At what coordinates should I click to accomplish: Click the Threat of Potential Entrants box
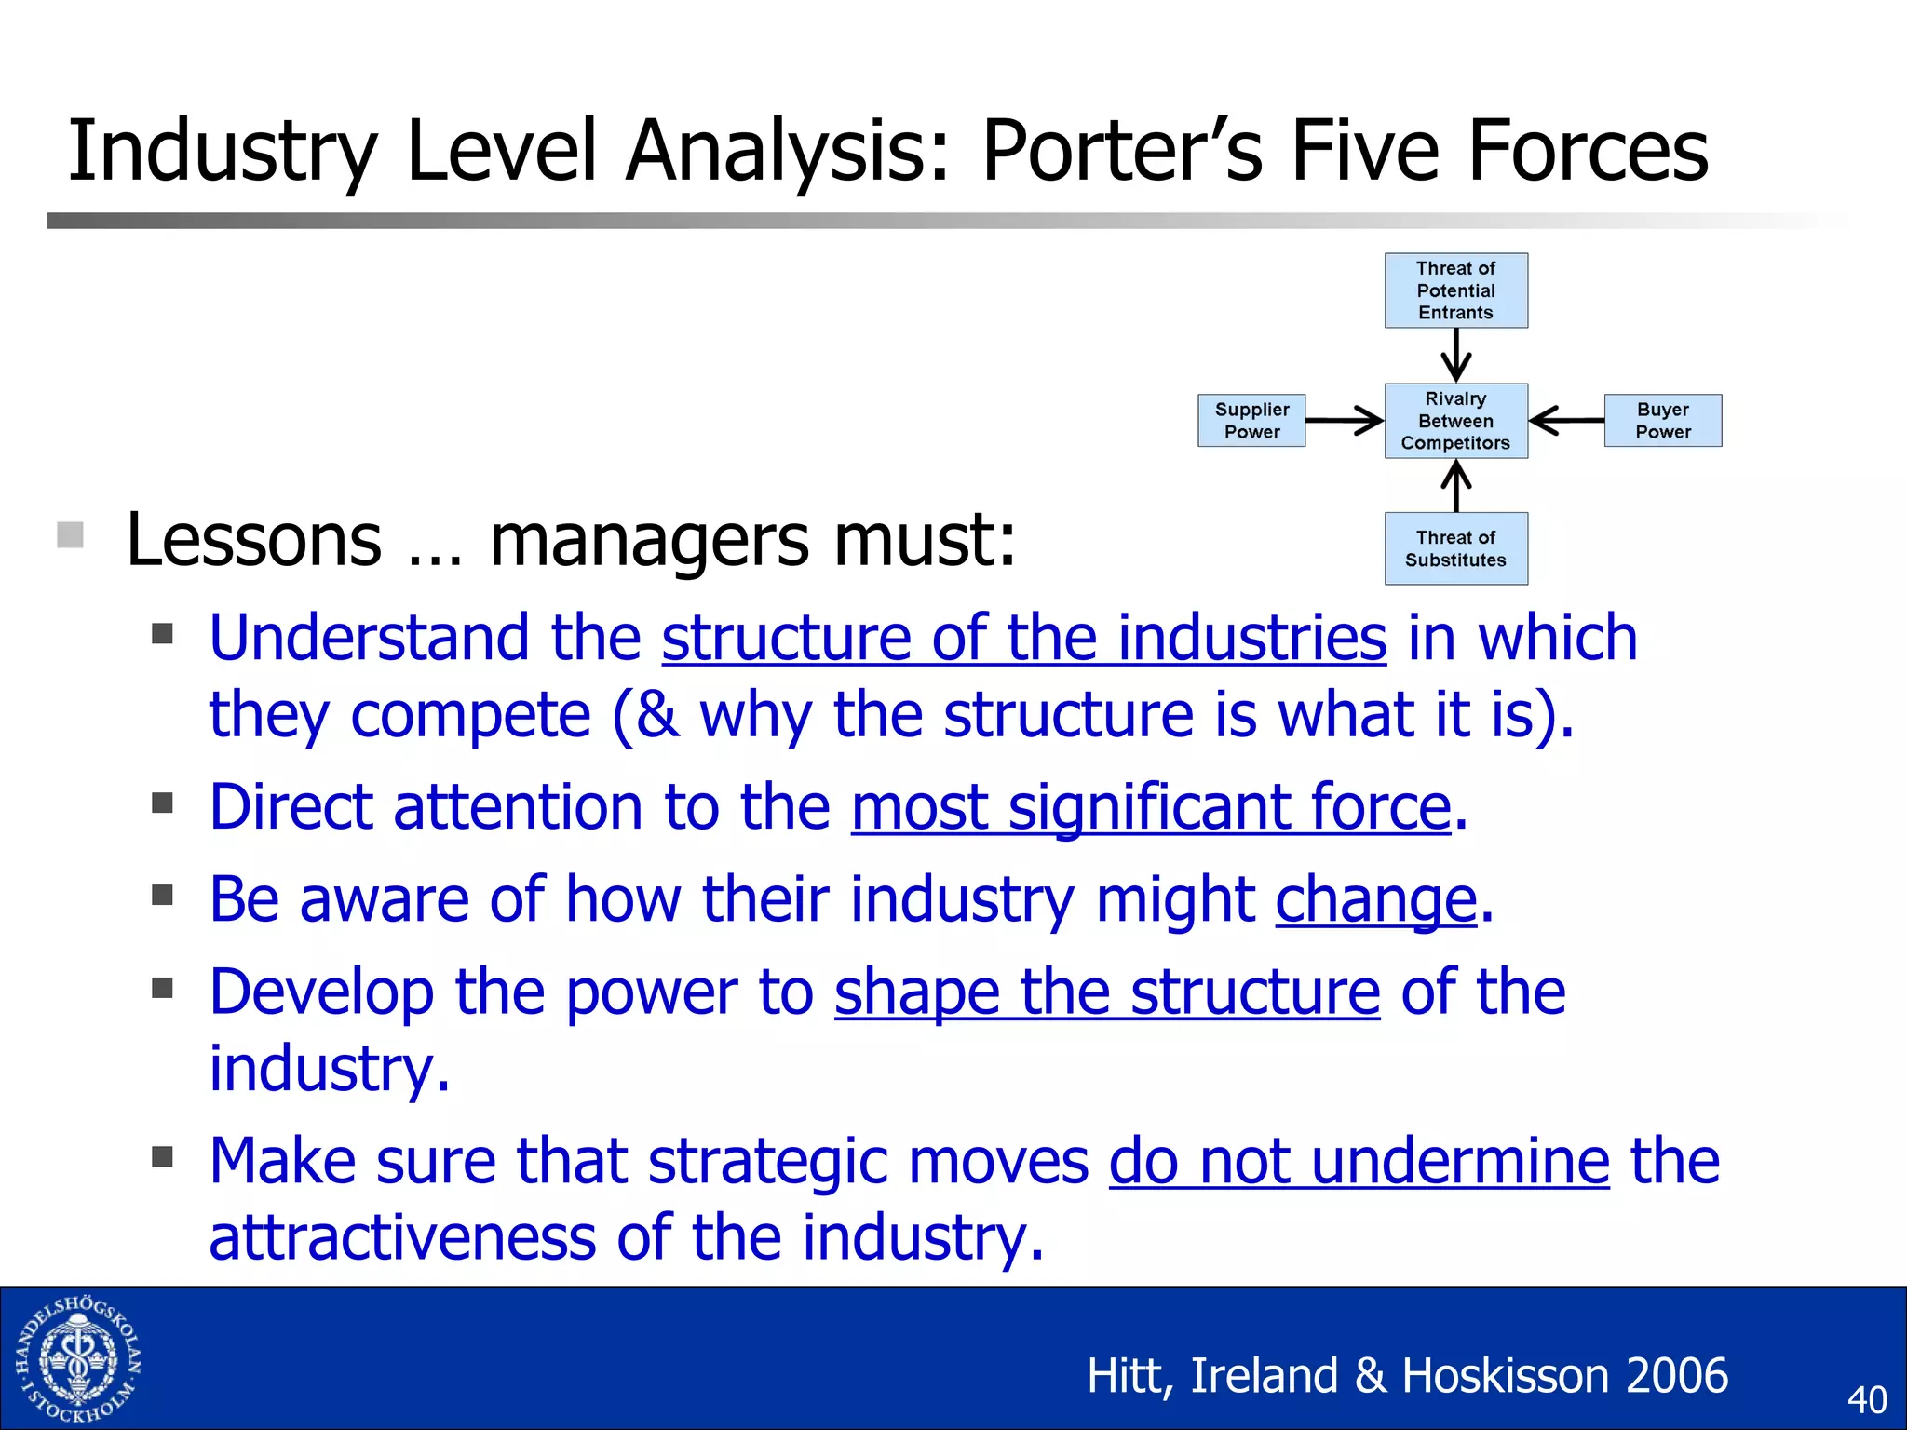1455,290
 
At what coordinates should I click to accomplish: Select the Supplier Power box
1251,421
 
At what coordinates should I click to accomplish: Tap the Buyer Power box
1662,421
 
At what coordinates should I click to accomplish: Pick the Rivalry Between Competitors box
1455,421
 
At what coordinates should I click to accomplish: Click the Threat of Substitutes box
1455,548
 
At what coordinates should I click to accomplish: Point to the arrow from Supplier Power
1344,421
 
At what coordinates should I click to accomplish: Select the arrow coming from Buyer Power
1566,421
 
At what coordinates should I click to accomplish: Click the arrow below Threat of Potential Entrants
1455,355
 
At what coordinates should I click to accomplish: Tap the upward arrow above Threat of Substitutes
1455,485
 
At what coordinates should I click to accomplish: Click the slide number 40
1866,1400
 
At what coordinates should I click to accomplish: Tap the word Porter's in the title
1122,151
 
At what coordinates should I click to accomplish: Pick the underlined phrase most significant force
1151,806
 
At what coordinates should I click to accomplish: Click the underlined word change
1375,899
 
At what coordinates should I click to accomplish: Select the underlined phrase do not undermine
1359,1161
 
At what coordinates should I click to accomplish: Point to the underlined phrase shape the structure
1106,992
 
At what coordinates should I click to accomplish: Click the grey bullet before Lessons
71,535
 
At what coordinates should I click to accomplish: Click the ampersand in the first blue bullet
657,715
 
